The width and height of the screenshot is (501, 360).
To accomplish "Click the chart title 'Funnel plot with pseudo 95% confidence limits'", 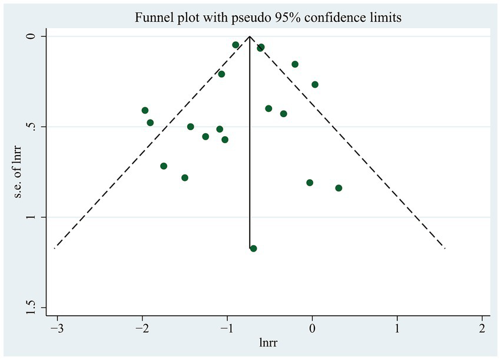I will pyautogui.click(x=268, y=18).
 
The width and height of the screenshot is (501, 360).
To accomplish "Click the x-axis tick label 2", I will pyautogui.click(x=482, y=328).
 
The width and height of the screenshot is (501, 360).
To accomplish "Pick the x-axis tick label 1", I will pyautogui.click(x=397, y=328).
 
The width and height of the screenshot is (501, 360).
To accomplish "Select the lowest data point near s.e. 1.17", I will pyautogui.click(x=253, y=249).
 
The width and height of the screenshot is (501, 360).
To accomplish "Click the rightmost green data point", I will pyautogui.click(x=339, y=188).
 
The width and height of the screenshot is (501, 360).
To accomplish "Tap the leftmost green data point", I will pyautogui.click(x=145, y=110).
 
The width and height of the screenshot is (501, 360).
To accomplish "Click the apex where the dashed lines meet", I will pyautogui.click(x=250, y=37).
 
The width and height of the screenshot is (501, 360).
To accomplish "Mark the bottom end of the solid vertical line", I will pyautogui.click(x=250, y=247).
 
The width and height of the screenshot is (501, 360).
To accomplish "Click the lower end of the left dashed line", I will pyautogui.click(x=55, y=248).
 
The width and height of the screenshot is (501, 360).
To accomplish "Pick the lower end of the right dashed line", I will pyautogui.click(x=444, y=248).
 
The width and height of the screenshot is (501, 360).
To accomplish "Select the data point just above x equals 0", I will pyautogui.click(x=315, y=84).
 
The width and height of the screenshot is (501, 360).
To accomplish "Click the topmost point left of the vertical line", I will pyautogui.click(x=235, y=45).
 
